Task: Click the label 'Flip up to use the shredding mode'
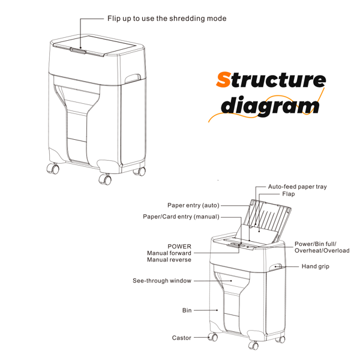[x=166, y=19]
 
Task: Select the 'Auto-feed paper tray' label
[x=297, y=187]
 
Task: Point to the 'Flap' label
[x=288, y=194]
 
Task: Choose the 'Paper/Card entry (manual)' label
[x=181, y=217]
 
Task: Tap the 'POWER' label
[x=179, y=246]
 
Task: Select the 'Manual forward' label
[x=169, y=253]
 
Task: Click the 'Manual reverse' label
[x=169, y=260]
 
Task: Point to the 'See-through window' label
[x=161, y=280]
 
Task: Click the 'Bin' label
[x=187, y=310]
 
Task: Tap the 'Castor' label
[x=181, y=338]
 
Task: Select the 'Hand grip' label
[x=316, y=266]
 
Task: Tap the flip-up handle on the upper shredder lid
[x=77, y=50]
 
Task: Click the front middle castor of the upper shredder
[x=105, y=179]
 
